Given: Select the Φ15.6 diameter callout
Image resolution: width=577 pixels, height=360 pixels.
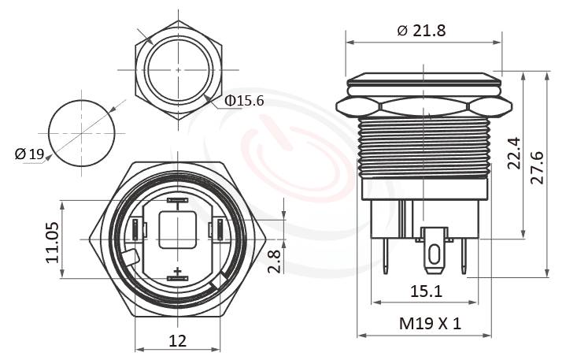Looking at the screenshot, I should click(244, 101).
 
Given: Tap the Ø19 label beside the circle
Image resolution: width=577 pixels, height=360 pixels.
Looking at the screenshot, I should click(29, 154).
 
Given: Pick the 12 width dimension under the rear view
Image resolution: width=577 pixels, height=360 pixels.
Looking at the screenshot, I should click(178, 340).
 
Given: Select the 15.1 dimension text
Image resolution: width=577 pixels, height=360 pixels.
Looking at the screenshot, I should click(425, 291).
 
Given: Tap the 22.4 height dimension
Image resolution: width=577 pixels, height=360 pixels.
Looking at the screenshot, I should click(513, 154).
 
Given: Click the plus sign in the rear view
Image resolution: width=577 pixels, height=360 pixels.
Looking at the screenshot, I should click(178, 272).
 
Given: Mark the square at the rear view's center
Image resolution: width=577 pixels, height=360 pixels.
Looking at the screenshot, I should click(178, 229).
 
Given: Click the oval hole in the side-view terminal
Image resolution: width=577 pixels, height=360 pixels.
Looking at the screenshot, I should click(432, 254).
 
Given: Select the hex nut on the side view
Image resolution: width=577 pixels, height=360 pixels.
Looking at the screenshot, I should click(424, 106).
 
